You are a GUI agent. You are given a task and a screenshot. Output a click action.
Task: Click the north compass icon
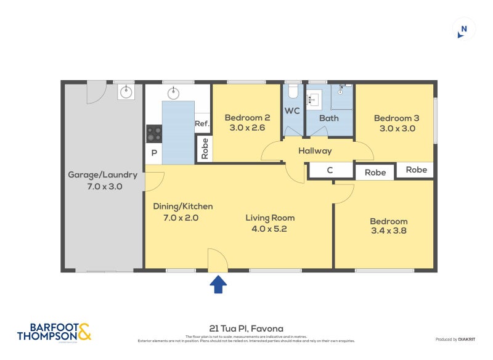[x=464, y=29]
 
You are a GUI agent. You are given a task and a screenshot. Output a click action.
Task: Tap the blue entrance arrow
[x=219, y=284]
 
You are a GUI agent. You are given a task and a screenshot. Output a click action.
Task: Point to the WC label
[x=291, y=111]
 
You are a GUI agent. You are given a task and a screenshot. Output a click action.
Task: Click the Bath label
[x=329, y=118]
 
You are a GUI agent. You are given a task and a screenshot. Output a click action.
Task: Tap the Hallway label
[x=315, y=150]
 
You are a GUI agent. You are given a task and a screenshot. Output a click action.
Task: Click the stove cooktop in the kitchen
[x=153, y=133]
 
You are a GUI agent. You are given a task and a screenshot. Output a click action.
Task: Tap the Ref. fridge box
[x=202, y=123]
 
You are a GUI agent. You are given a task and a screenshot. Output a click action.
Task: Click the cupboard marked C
[x=330, y=170]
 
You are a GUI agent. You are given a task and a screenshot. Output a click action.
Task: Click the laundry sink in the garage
[x=126, y=92]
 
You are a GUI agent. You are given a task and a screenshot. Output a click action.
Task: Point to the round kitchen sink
[x=174, y=94]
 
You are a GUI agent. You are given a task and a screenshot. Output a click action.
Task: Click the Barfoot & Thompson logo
[x=54, y=331]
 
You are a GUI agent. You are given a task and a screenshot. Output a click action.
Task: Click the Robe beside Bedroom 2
[x=205, y=149]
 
